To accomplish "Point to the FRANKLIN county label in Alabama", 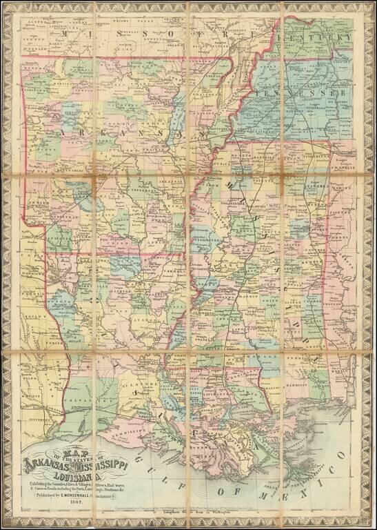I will click(x=343, y=168).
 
